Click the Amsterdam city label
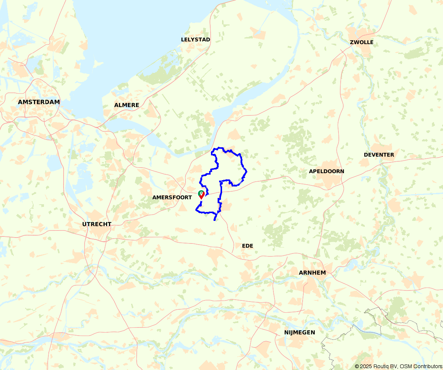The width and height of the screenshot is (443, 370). click(x=39, y=102)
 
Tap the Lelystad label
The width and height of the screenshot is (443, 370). click(x=195, y=40)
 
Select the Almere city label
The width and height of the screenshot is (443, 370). click(x=127, y=105)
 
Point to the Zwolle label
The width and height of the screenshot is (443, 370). click(x=362, y=42)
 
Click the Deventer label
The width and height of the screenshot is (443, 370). click(x=379, y=155)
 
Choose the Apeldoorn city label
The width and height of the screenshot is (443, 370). click(x=327, y=171)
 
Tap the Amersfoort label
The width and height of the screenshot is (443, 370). click(x=172, y=198)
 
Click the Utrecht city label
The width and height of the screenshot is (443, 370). click(x=97, y=224)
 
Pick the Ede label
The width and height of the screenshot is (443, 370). click(x=248, y=246)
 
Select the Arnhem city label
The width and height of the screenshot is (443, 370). click(x=312, y=273)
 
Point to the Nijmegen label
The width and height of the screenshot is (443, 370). click(x=300, y=332)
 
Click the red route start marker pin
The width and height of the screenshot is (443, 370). click(x=201, y=195)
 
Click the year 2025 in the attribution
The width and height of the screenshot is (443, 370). click(x=365, y=366)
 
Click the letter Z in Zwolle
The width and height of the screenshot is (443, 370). click(x=352, y=42)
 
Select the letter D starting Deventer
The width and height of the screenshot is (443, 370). click(x=366, y=155)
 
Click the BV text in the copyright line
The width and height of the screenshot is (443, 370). click(x=392, y=366)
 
